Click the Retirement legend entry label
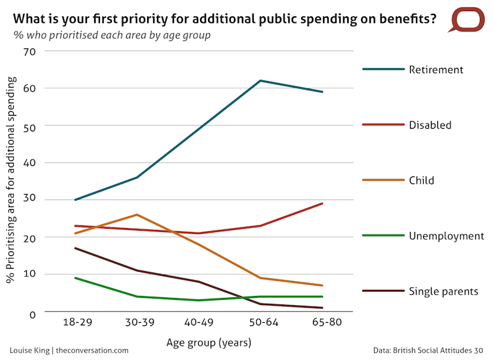pos(435,69)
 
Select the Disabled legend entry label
pos(430,125)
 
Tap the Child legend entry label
pos(421,180)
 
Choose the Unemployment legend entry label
pos(446,236)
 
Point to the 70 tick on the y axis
pos(29,51)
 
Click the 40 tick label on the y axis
pos(29,163)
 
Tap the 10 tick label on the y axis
pos(29,274)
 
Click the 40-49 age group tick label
pos(199,323)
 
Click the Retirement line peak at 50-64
pos(261,80)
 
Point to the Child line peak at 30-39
pos(137,214)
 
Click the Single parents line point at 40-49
pos(199,282)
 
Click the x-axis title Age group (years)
pos(199,341)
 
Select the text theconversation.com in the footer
pos(92,350)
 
